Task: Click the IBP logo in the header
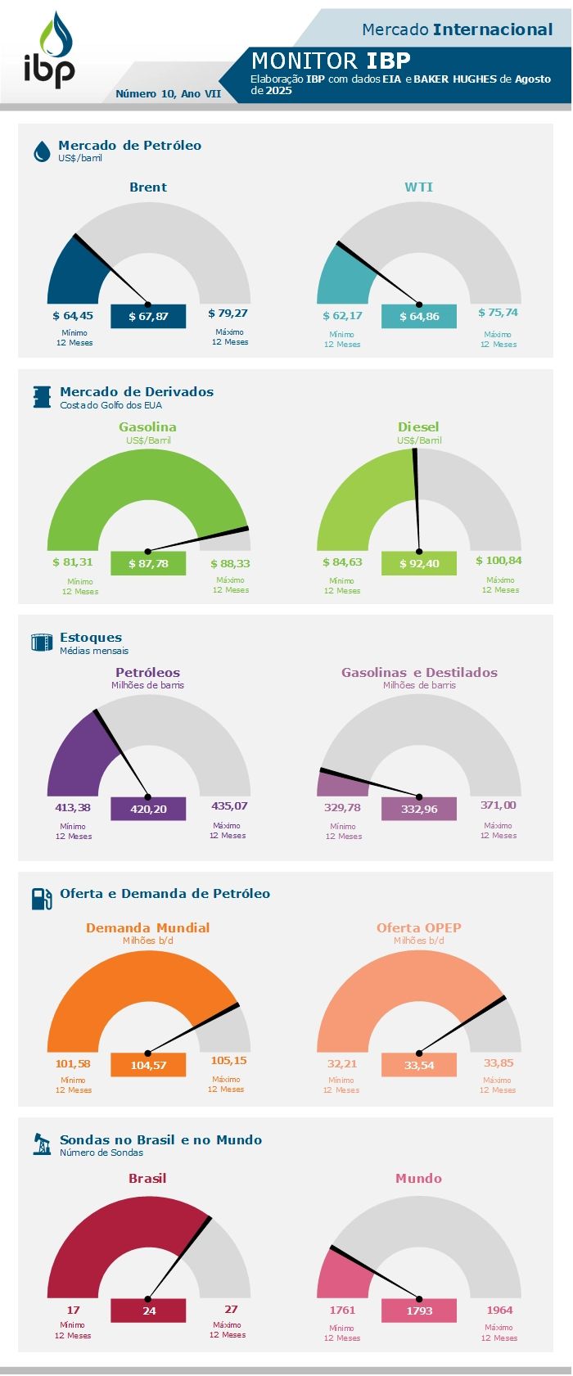coord(50,51)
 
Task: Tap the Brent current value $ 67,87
coord(148,317)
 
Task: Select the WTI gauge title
coord(418,187)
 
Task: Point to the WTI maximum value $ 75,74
coord(498,313)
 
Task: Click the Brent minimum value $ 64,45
coord(73,316)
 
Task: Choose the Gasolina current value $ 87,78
coord(148,563)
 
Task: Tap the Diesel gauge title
coord(418,427)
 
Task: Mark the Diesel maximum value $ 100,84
coord(499,561)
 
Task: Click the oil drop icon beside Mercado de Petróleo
coord(42,151)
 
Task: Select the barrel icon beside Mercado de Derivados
coord(42,397)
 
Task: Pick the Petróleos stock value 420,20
coord(148,809)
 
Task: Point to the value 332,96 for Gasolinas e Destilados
coord(419,809)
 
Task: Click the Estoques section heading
coord(91,638)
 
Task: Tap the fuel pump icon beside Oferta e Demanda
coord(42,898)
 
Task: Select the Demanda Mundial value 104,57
coord(148,1065)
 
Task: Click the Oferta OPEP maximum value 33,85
coord(499,1063)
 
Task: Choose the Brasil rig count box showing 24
coord(148,1311)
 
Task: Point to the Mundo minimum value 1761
coord(342,1311)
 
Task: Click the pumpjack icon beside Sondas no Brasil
coord(42,1144)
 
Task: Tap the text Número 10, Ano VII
coord(169,94)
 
